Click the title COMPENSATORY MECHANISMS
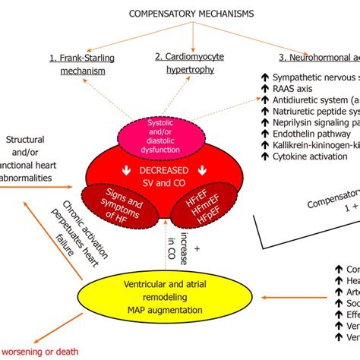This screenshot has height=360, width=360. coord(180,13)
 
